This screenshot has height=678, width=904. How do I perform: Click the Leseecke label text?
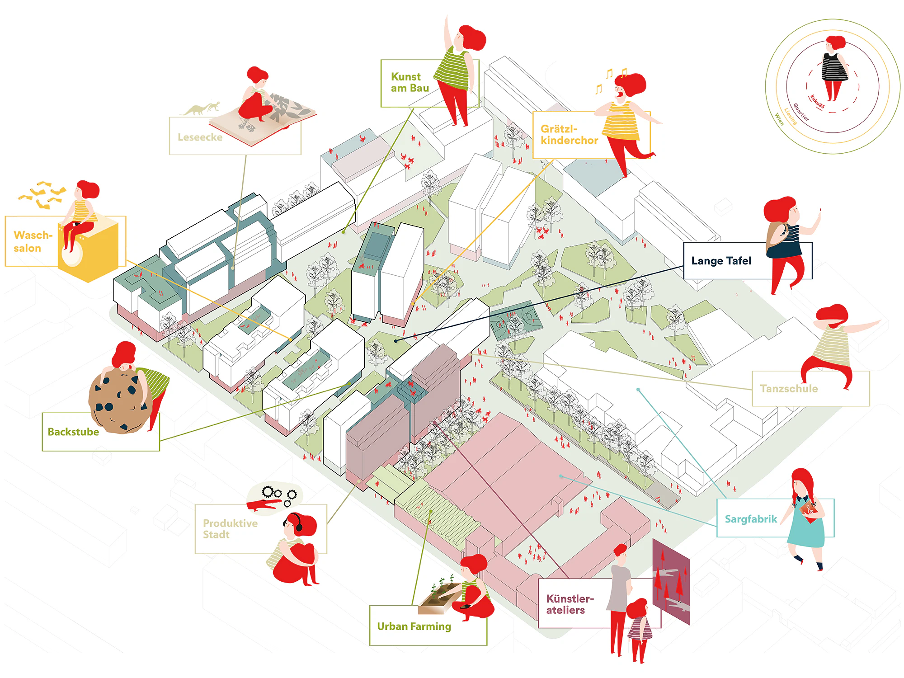click(200, 137)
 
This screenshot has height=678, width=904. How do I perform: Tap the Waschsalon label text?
click(33, 242)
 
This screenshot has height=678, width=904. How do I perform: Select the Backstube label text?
click(73, 432)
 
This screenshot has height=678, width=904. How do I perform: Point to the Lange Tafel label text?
click(721, 261)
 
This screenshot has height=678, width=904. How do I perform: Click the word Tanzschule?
click(789, 389)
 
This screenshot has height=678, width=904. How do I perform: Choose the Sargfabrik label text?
click(751, 519)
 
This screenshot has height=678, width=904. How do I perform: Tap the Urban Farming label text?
click(414, 626)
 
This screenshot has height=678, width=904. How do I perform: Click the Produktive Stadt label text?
click(230, 529)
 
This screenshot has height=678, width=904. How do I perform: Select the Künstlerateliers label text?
click(570, 604)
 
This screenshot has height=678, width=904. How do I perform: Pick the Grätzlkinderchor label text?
click(569, 135)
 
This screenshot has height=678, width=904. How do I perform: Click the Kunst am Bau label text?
click(410, 82)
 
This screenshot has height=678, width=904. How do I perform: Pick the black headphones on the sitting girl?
click(297, 522)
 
